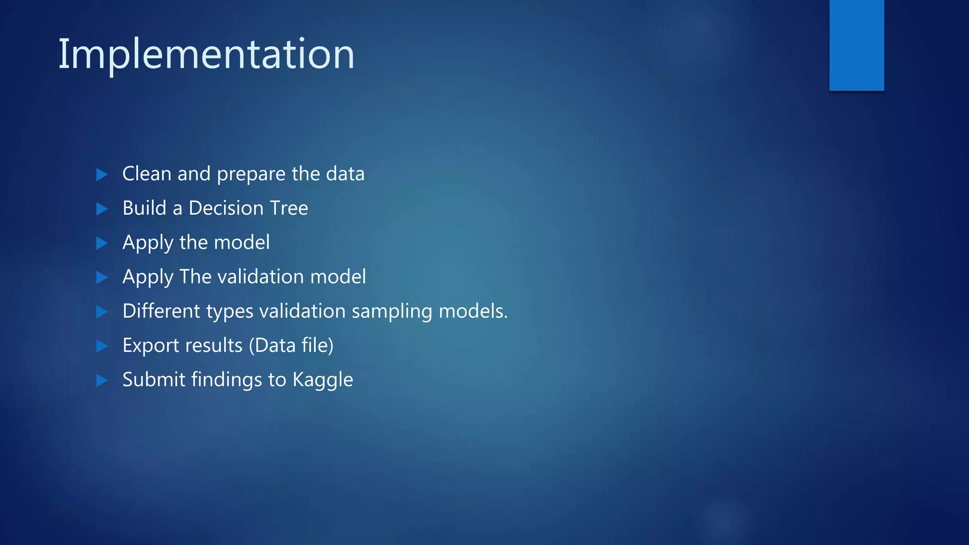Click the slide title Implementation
[206, 54]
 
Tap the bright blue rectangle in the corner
[856, 45]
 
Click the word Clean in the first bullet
[147, 174]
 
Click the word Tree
[289, 208]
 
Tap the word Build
[144, 208]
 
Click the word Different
[161, 311]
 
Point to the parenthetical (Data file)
[291, 345]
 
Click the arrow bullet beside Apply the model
[102, 243]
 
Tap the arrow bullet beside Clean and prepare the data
[102, 175]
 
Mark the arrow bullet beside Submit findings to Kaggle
[102, 380]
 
